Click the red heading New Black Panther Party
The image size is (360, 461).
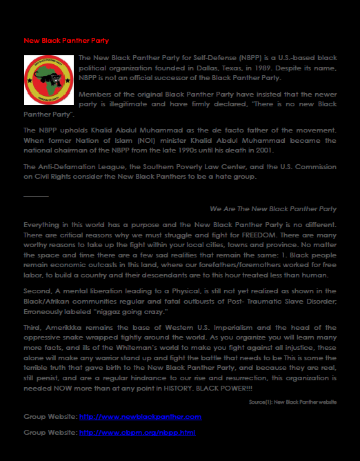tap(66, 41)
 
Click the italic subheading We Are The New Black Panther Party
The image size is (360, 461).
tap(273, 208)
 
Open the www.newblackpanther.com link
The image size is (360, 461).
tap(141, 417)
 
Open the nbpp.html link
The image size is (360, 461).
tap(137, 432)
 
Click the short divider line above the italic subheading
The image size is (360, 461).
tap(36, 196)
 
